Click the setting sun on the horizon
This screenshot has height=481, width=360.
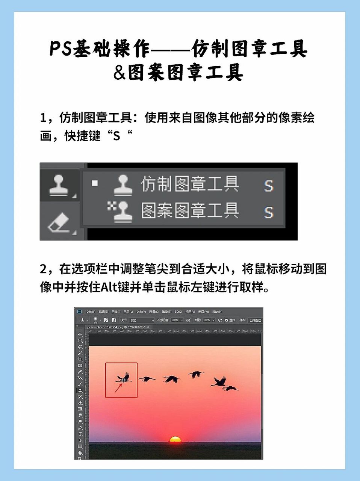(x=175, y=439)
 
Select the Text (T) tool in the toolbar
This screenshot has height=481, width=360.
(x=80, y=434)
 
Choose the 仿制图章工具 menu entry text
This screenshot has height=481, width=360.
(x=190, y=185)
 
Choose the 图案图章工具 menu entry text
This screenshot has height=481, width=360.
(x=190, y=210)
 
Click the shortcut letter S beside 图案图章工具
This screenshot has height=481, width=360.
(x=268, y=212)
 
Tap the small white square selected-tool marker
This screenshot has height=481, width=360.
(x=95, y=183)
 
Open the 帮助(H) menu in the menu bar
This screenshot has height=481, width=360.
(x=217, y=312)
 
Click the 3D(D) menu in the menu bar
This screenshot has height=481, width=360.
(x=178, y=312)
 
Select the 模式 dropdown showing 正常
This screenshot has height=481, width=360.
(x=141, y=320)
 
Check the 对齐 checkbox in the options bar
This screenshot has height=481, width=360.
(x=227, y=320)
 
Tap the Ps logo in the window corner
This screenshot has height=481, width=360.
(x=79, y=312)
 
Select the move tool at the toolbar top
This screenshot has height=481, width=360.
(x=80, y=334)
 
